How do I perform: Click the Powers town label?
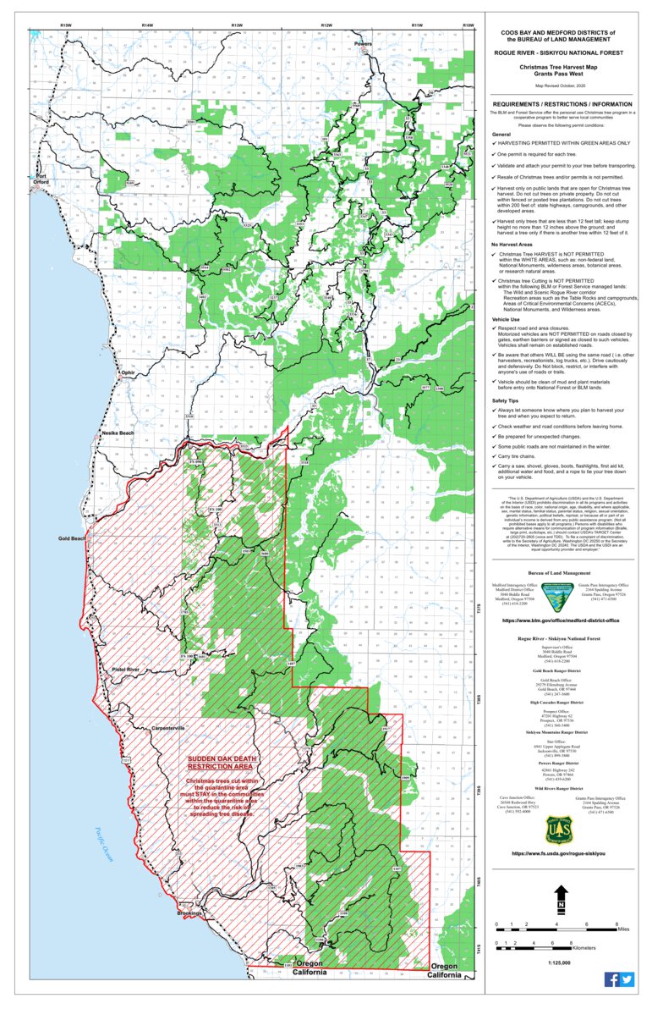[363, 43]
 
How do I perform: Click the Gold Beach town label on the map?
[72, 538]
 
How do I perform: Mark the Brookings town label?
[189, 913]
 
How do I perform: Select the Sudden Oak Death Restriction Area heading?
[220, 764]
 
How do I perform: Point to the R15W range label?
[65, 26]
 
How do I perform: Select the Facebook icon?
[611, 979]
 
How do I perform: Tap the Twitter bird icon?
[627, 979]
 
